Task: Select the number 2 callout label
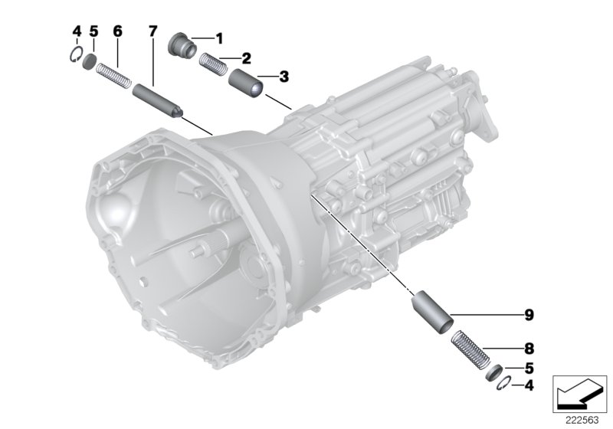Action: pyautogui.click(x=246, y=57)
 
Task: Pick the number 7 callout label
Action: pyautogui.click(x=152, y=31)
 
